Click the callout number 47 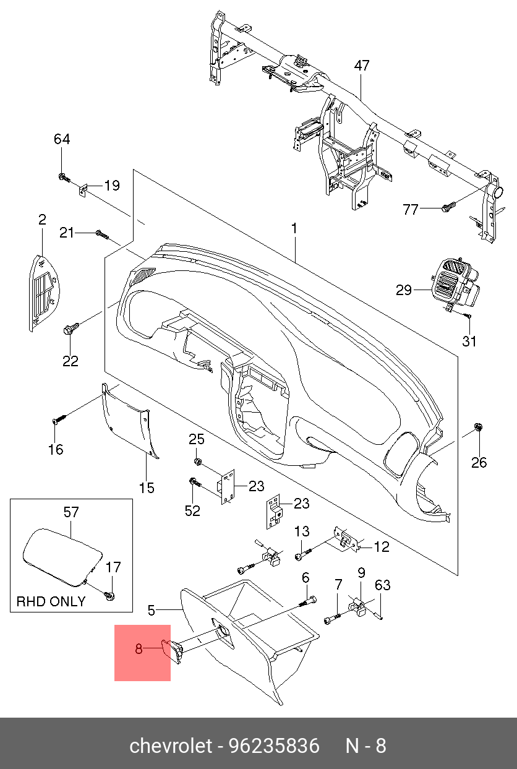click(x=362, y=66)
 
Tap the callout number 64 click(x=62, y=139)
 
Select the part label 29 click(x=404, y=290)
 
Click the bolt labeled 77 click(x=448, y=207)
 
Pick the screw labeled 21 click(x=102, y=234)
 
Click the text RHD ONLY click(x=51, y=601)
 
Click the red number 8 click(x=139, y=649)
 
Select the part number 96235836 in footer click(x=275, y=745)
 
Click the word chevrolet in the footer click(x=170, y=745)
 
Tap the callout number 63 click(x=383, y=585)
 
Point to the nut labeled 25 click(x=197, y=462)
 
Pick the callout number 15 click(x=146, y=488)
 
